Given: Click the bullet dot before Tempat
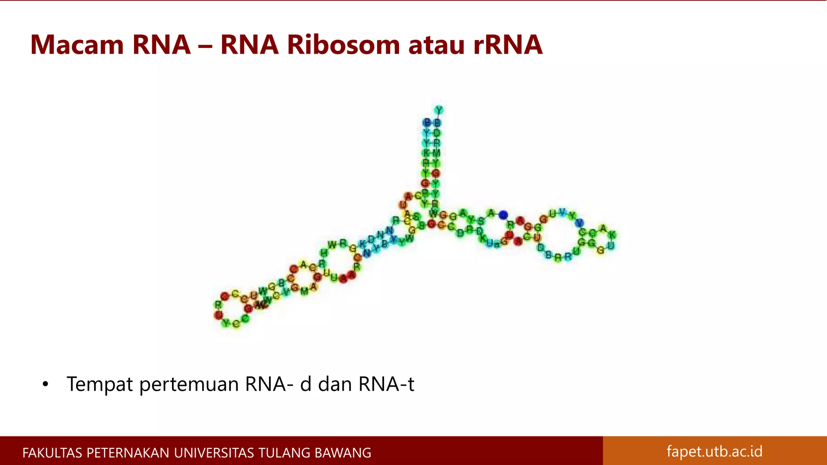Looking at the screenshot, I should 45,384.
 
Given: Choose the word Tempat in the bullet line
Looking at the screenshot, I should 100,384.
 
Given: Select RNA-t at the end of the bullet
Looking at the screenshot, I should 386,384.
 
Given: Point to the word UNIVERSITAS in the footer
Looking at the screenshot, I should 214,453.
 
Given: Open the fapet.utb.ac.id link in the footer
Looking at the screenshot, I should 714,451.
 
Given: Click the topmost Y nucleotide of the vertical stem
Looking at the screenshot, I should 439,110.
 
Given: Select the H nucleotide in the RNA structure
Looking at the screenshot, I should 323,253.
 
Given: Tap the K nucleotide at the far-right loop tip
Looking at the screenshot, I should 612,235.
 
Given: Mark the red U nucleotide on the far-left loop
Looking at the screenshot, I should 218,314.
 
